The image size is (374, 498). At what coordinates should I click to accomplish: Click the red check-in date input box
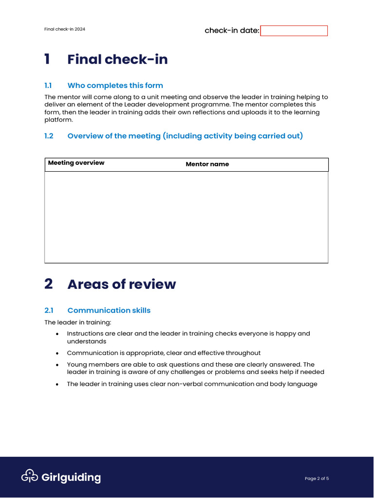point(294,31)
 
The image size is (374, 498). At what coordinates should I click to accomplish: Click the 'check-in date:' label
point(232,31)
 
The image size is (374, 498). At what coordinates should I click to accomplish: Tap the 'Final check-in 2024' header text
point(65,29)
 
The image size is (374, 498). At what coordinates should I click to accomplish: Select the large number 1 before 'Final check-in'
point(47,59)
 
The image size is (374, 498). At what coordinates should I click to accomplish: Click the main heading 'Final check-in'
point(117,59)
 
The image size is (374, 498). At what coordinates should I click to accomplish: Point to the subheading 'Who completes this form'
point(115,86)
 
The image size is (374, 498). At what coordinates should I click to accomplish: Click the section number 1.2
point(49,136)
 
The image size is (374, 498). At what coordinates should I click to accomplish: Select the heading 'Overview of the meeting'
point(185,136)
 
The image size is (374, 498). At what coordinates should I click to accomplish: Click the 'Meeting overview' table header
point(76,163)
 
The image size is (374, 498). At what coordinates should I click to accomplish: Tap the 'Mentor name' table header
point(207,164)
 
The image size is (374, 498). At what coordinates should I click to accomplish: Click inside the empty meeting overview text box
point(186,217)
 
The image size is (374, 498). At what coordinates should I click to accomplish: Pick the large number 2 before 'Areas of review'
point(49,284)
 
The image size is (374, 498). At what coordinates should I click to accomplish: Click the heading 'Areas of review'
point(122,285)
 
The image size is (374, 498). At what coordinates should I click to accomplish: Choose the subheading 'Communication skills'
point(109,310)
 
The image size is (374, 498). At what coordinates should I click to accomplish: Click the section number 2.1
point(49,310)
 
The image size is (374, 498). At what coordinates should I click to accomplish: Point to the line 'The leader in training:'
point(78,322)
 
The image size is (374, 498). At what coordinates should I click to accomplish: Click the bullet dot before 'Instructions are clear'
point(57,334)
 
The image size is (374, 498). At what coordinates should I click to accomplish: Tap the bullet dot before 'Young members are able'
point(57,365)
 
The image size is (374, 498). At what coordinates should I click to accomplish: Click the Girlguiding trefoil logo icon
point(30,477)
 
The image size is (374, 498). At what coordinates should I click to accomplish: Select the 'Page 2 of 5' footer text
point(317,479)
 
